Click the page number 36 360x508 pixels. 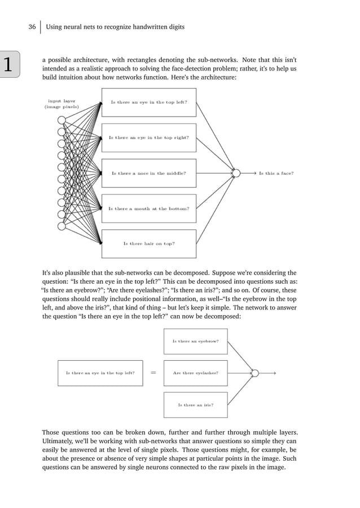click(x=32, y=26)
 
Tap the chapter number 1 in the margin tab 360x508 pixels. click(x=9, y=66)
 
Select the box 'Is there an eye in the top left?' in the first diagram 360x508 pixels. click(x=149, y=103)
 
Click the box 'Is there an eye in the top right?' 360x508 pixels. click(x=149, y=138)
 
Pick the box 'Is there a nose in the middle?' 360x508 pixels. click(x=149, y=173)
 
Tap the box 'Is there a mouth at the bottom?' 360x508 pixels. click(x=149, y=209)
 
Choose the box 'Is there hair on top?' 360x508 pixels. click(x=149, y=244)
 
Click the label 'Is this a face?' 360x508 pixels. click(x=276, y=173)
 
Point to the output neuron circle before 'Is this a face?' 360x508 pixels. click(x=236, y=173)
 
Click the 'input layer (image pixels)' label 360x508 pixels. click(x=62, y=104)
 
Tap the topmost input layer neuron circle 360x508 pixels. click(x=62, y=120)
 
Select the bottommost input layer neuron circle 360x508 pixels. click(x=62, y=226)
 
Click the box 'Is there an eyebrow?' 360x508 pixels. click(x=195, y=341)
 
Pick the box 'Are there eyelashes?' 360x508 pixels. click(x=195, y=373)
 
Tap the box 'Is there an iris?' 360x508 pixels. click(x=195, y=404)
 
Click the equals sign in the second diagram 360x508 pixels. click(x=153, y=373)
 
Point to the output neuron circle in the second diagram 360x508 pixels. click(x=254, y=373)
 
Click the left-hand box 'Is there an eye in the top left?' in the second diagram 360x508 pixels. click(x=100, y=373)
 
